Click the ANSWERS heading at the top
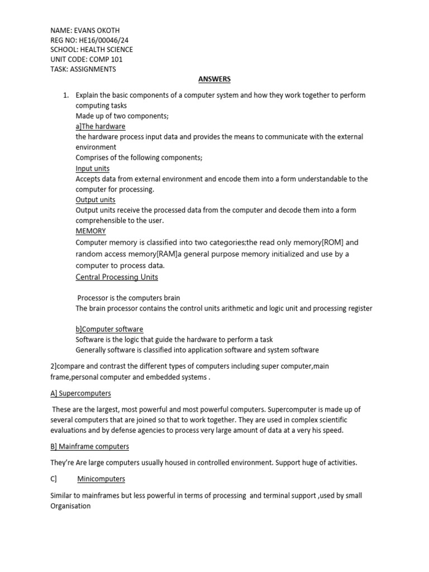(x=215, y=80)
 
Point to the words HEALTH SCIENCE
(x=108, y=50)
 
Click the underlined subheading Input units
(x=93, y=169)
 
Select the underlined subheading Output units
(x=96, y=200)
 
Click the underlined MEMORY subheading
(x=90, y=231)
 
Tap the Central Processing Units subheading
(x=117, y=277)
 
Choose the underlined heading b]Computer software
(x=109, y=330)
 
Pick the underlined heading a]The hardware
(x=101, y=127)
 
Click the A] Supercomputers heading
(x=80, y=393)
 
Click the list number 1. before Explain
(x=65, y=96)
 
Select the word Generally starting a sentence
(x=93, y=350)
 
